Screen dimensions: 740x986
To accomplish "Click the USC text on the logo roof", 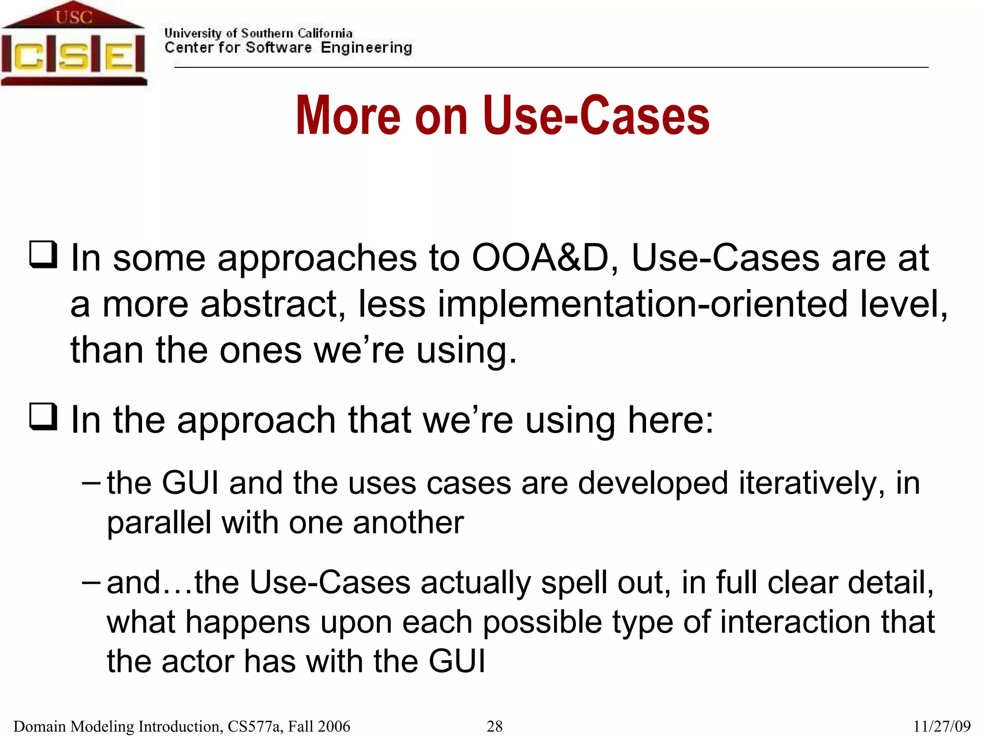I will [x=73, y=17].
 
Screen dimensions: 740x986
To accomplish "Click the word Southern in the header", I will [x=267, y=33].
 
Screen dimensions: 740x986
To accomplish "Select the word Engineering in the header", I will [x=366, y=48].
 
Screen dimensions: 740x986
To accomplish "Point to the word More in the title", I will [x=348, y=116].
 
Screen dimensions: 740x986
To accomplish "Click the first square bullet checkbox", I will [x=43, y=254].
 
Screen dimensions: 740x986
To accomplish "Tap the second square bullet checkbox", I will [x=43, y=416].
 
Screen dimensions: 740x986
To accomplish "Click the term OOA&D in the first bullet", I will [x=540, y=258].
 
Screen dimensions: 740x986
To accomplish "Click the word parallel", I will [x=158, y=523].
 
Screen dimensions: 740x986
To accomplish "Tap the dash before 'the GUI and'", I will [x=91, y=482].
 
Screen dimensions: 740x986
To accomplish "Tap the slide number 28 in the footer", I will [x=494, y=727].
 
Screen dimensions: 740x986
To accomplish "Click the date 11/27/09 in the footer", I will [x=942, y=727].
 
